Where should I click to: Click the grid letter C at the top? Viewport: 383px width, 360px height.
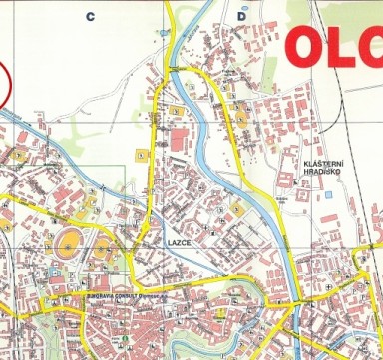[90, 16]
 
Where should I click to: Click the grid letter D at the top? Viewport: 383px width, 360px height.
[241, 16]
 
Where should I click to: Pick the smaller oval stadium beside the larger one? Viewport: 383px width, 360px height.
[102, 245]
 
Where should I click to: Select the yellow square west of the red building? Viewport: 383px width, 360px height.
[142, 155]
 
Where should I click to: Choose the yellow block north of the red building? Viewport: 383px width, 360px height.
[176, 109]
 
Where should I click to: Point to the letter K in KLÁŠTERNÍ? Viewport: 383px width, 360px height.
[304, 163]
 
